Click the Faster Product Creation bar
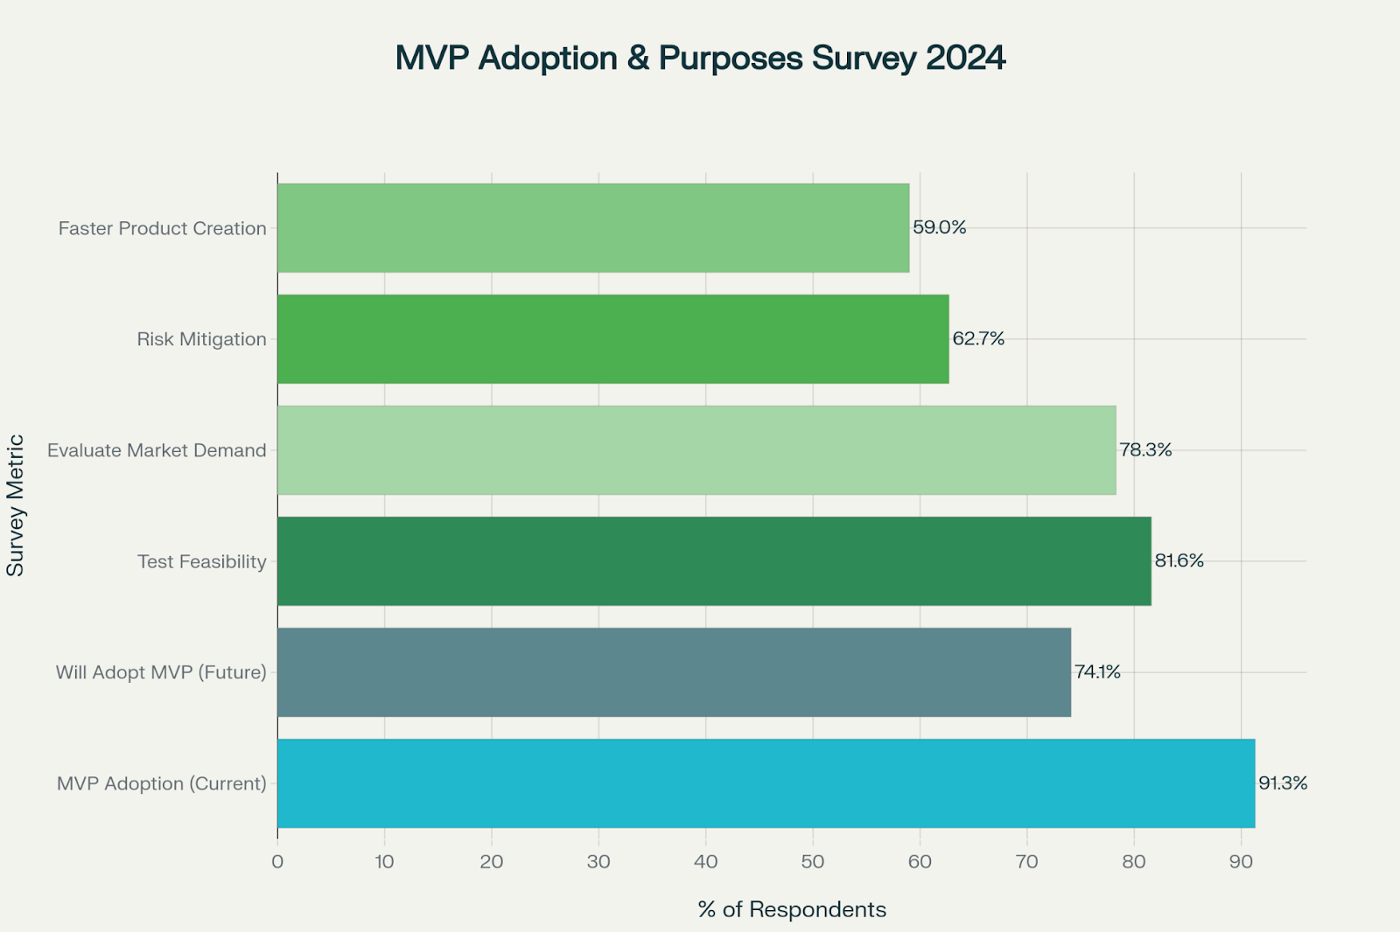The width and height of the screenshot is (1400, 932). point(593,227)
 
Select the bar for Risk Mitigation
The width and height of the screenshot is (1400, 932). point(612,338)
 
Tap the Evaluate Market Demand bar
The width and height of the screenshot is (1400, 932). point(696,449)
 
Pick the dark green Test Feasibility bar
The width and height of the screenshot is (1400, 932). point(714,560)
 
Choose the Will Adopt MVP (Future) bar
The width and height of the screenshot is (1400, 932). point(674,671)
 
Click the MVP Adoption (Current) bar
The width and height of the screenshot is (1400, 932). point(766,782)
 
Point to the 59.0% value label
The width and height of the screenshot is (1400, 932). point(939,227)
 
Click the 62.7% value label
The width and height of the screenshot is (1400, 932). point(978,338)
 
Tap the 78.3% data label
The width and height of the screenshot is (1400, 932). point(1145,449)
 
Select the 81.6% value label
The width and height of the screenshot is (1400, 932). point(1179,560)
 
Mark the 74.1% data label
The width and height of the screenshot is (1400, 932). point(1097,671)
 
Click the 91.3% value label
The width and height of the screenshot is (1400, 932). point(1283,782)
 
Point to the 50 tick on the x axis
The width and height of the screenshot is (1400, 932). point(813,862)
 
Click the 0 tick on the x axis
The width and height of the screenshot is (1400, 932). point(277,862)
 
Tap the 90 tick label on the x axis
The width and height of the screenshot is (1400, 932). point(1241,862)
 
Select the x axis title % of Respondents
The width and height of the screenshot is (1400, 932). point(792,909)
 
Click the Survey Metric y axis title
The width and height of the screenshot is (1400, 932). point(16,505)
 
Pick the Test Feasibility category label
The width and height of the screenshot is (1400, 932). point(201,561)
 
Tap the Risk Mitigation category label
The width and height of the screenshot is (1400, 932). point(201,339)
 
